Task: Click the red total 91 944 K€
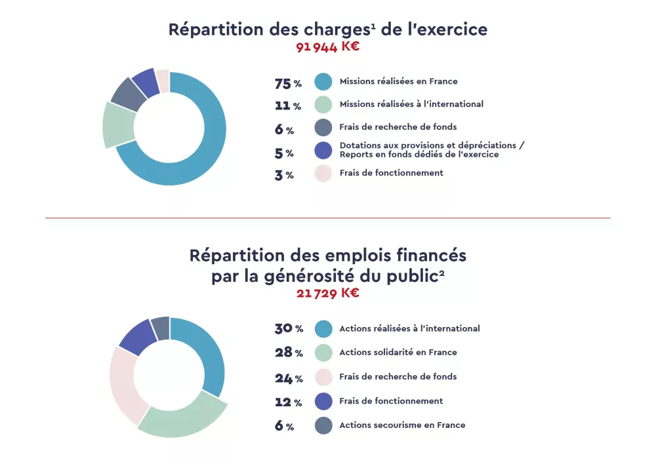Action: click(327, 47)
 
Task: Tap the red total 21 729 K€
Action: click(327, 293)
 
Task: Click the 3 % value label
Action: click(284, 175)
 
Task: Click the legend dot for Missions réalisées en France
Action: click(323, 82)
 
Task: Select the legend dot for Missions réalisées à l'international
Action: click(323, 104)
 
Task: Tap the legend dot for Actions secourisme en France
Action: click(323, 425)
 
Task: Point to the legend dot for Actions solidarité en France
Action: click(323, 353)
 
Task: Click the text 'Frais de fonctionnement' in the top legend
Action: click(391, 173)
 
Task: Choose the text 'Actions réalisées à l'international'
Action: click(409, 328)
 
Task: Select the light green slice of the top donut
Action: click(118, 125)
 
